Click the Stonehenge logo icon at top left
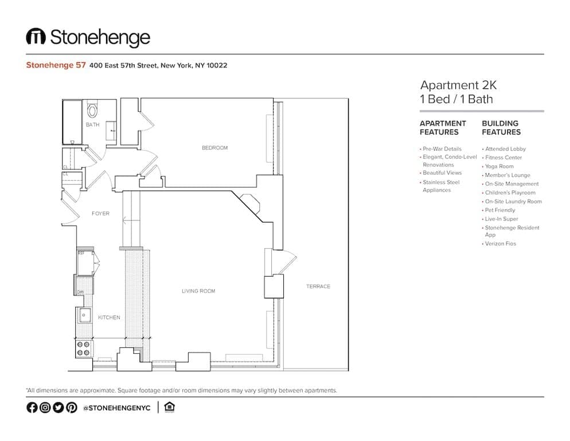click(x=36, y=37)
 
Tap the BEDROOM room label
click(x=214, y=148)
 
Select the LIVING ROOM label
click(x=198, y=291)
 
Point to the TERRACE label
click(x=318, y=287)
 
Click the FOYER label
click(x=100, y=214)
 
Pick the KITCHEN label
click(x=109, y=318)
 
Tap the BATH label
click(x=92, y=125)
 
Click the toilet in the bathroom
click(x=92, y=110)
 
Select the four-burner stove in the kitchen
click(x=84, y=348)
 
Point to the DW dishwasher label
click(x=81, y=292)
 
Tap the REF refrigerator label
click(x=81, y=253)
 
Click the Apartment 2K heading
click(x=458, y=86)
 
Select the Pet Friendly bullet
click(x=500, y=210)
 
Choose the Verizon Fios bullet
click(x=500, y=243)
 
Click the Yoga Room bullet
click(x=499, y=167)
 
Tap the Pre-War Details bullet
click(x=442, y=149)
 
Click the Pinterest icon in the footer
click(x=71, y=408)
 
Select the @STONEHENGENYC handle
click(x=117, y=408)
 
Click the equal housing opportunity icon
click(x=169, y=407)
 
